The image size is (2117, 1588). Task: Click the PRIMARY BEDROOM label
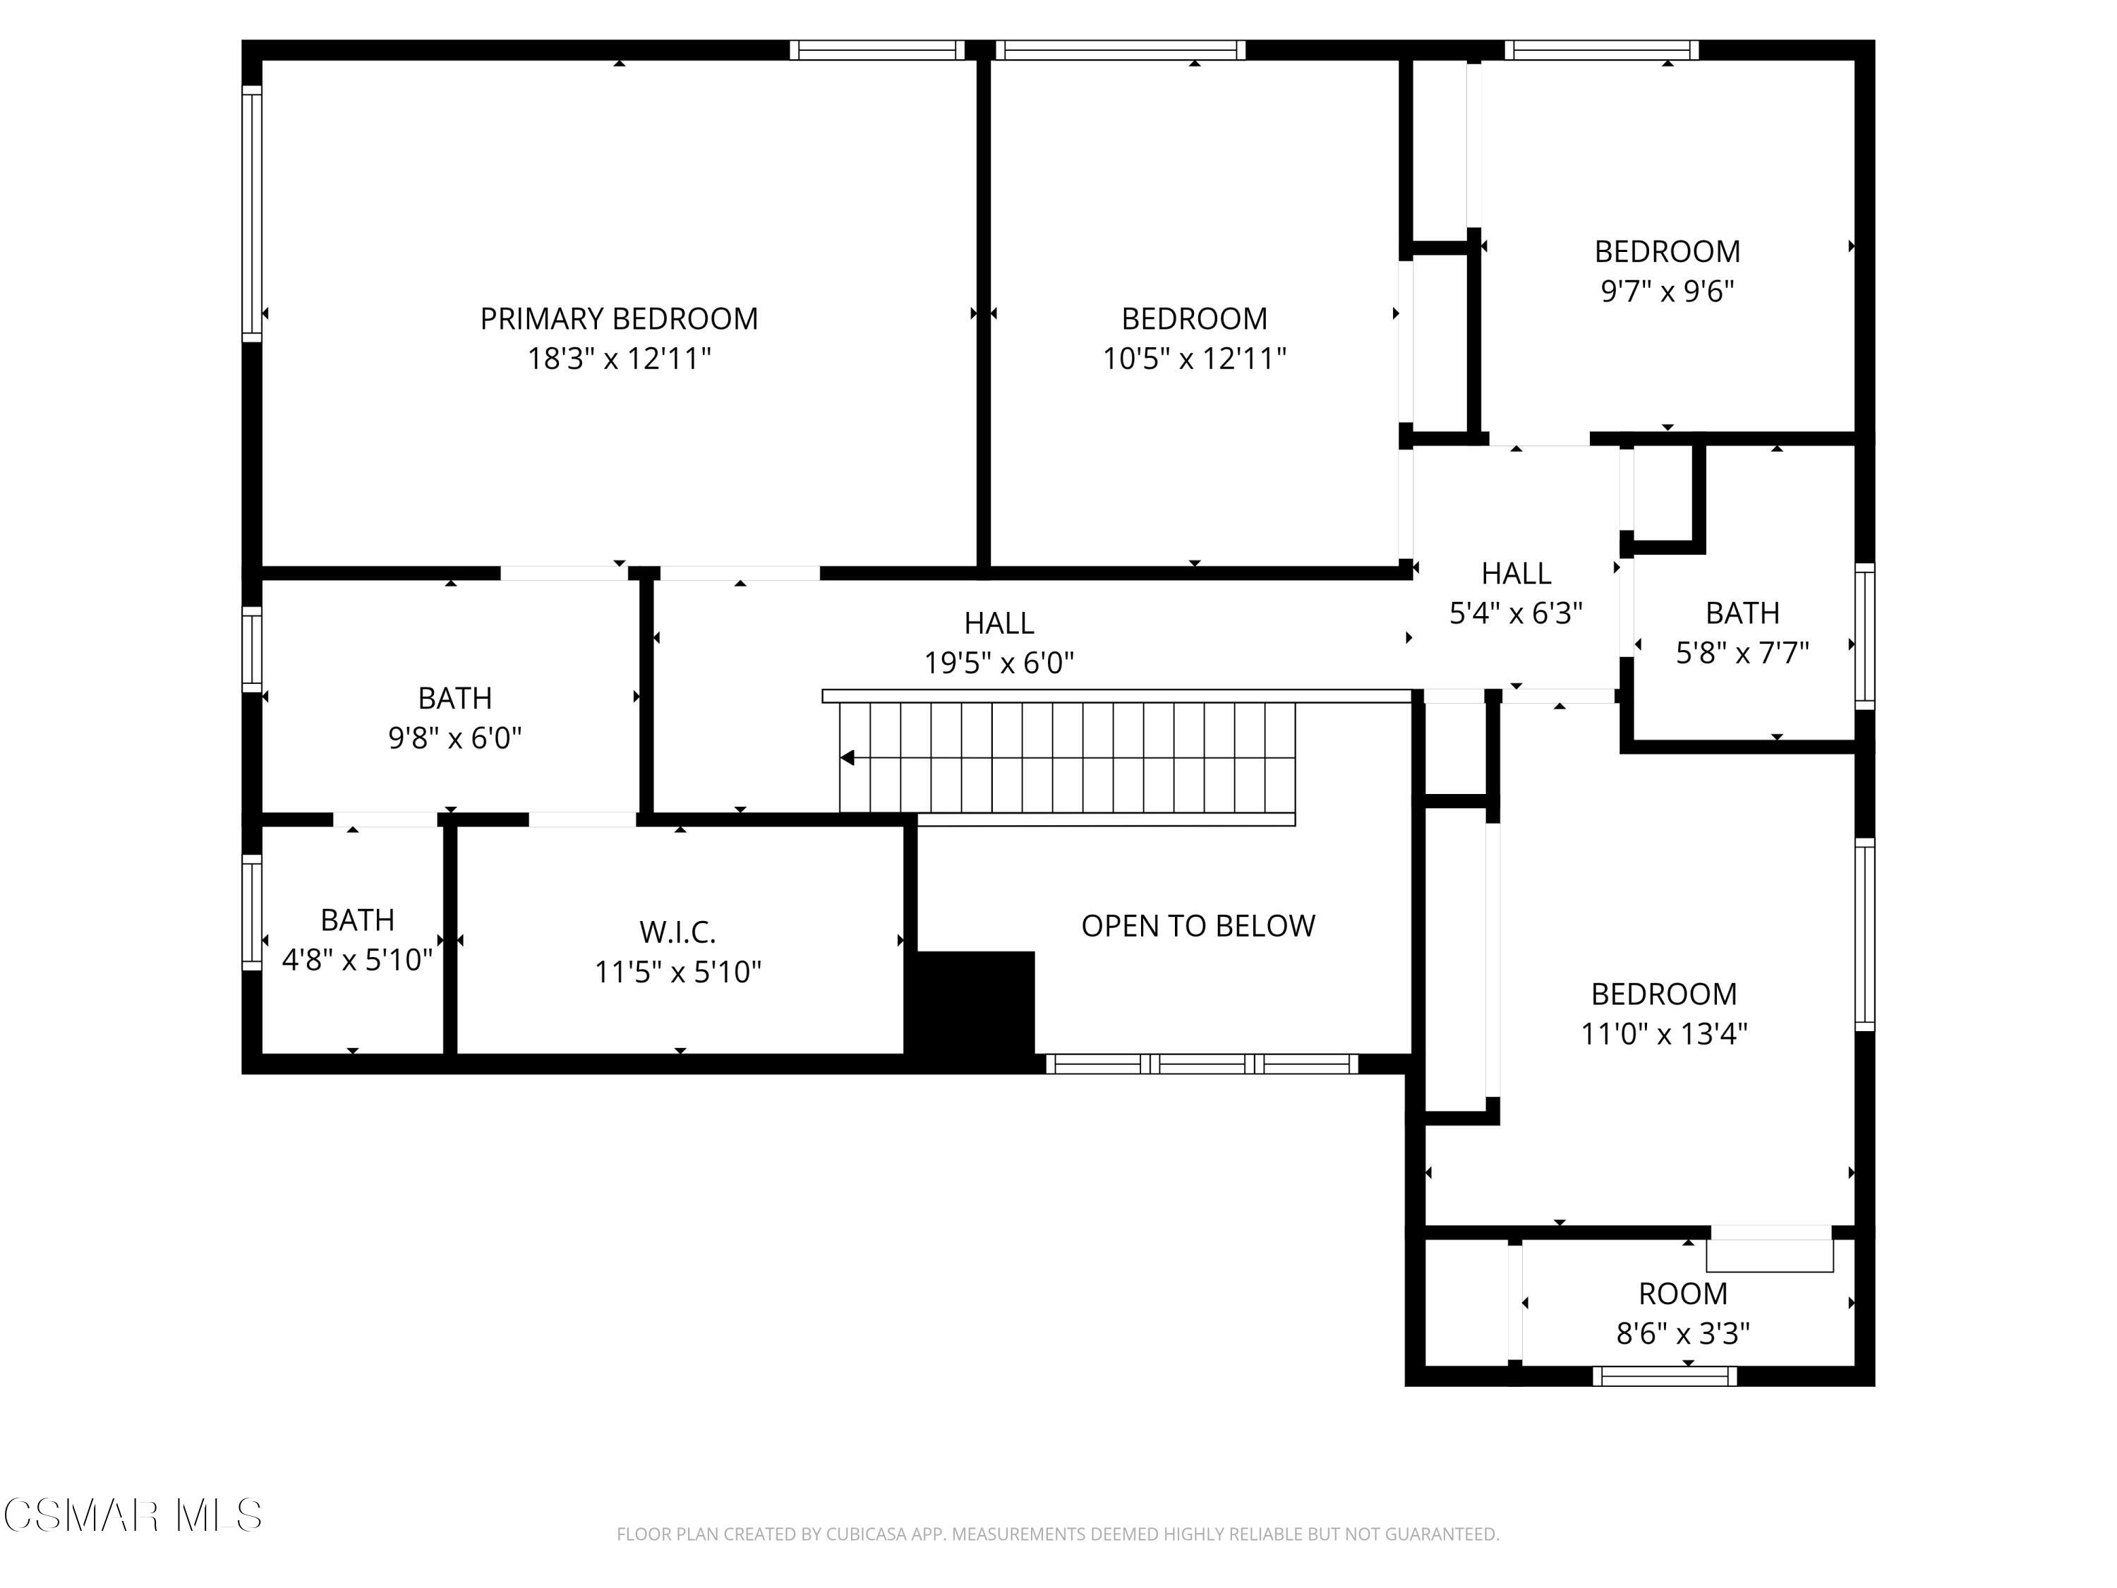(x=618, y=319)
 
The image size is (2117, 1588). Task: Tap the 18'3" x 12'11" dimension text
(x=619, y=359)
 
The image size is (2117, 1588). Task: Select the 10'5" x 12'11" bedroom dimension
(x=1195, y=359)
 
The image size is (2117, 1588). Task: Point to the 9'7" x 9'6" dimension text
(x=1667, y=291)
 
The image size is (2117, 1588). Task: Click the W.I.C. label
(x=677, y=932)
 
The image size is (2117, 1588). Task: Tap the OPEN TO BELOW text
(x=1198, y=925)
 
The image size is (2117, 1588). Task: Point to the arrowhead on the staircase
(x=847, y=758)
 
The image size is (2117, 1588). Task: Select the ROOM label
(x=1682, y=1294)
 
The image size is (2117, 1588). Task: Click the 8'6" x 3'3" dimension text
(x=1682, y=1333)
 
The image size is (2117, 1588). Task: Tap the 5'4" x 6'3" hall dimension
(x=1516, y=613)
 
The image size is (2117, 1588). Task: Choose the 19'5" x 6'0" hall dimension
(x=999, y=663)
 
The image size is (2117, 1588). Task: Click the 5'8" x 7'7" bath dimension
(x=1742, y=653)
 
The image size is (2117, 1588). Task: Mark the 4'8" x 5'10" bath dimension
(x=357, y=960)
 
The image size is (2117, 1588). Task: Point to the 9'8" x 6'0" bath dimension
(x=454, y=738)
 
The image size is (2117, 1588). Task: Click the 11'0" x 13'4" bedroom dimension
(x=1663, y=1034)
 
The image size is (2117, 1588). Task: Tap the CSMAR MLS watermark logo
(x=133, y=1515)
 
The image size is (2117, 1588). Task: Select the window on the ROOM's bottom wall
(x=1664, y=1376)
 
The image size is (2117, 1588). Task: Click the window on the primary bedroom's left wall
(x=252, y=213)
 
